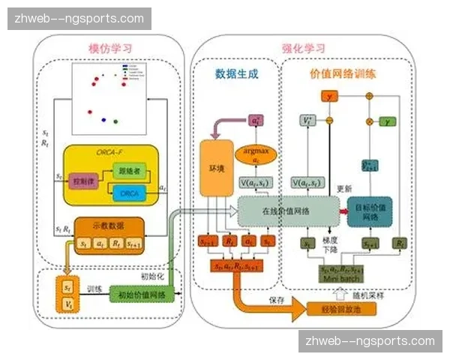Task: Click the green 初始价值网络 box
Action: click(x=142, y=293)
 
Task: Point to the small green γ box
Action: click(x=388, y=120)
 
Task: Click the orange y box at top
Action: click(x=328, y=96)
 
